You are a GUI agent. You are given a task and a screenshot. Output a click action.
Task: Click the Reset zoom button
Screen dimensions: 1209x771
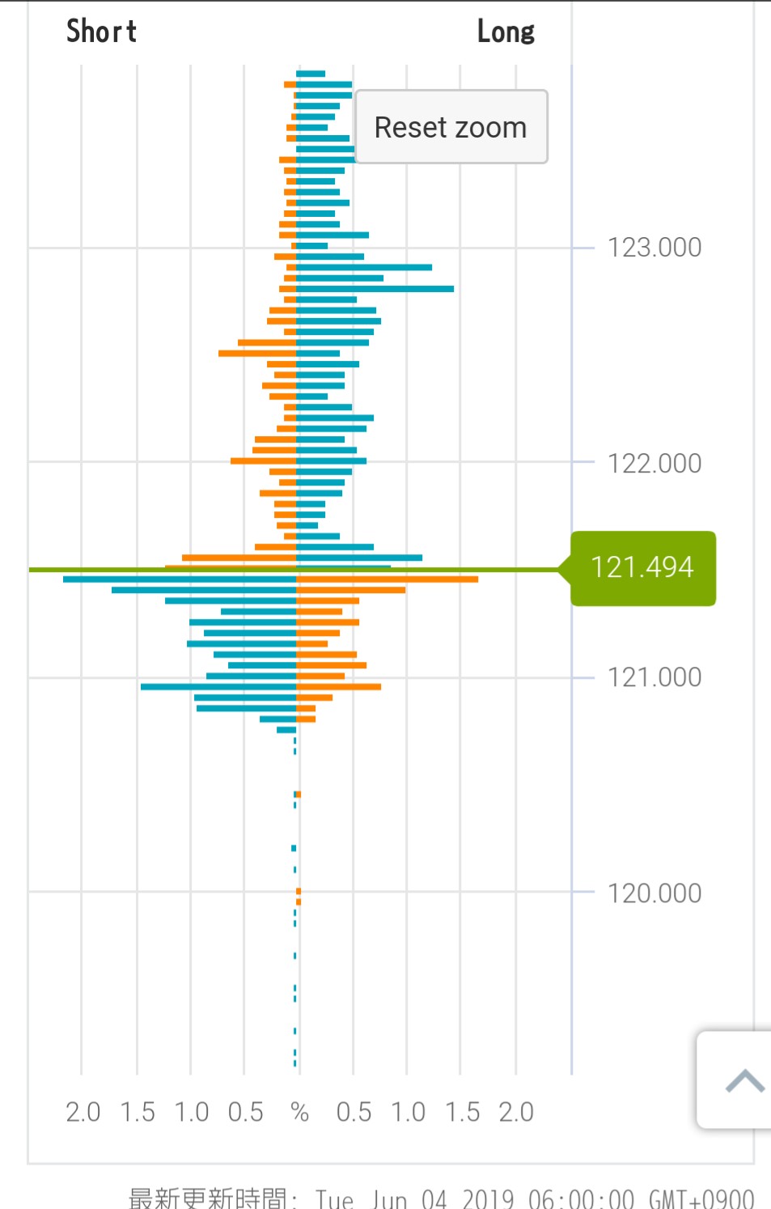(451, 127)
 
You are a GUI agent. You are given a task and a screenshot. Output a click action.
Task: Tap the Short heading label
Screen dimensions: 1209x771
(101, 32)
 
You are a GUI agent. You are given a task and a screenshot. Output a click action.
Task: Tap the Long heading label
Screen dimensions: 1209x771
(506, 32)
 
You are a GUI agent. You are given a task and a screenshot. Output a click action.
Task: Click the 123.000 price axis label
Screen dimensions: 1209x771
(655, 247)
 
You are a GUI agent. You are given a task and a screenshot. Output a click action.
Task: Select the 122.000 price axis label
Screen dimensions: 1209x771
(655, 463)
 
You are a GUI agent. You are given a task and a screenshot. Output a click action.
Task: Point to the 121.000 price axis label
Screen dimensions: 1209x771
(655, 677)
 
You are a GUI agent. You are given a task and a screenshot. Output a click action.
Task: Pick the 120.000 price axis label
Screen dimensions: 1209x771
(655, 893)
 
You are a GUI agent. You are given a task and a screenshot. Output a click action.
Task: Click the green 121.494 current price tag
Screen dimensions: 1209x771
(642, 567)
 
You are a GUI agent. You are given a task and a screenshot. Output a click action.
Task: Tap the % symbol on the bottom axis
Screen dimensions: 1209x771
(299, 1112)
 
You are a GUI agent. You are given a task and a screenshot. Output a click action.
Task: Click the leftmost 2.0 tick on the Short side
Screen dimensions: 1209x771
(83, 1112)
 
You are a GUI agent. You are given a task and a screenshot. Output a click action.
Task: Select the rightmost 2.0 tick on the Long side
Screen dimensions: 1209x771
(516, 1112)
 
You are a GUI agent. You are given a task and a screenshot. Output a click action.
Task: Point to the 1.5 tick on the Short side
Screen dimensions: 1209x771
(137, 1112)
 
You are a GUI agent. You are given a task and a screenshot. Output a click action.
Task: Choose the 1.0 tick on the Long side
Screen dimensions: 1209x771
(408, 1112)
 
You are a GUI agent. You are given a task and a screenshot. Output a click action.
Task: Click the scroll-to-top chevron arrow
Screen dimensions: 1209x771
(744, 1081)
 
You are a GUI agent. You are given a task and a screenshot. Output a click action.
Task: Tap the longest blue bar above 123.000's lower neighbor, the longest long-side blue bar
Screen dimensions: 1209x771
(375, 289)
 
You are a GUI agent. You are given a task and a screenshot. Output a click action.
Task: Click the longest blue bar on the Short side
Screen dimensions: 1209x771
(180, 579)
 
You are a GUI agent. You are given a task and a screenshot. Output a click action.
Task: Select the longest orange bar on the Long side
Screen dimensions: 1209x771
(387, 579)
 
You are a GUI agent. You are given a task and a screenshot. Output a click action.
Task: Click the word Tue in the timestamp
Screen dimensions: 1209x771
(334, 1198)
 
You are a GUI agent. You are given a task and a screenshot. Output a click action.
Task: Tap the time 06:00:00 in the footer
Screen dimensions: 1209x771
(581, 1198)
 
